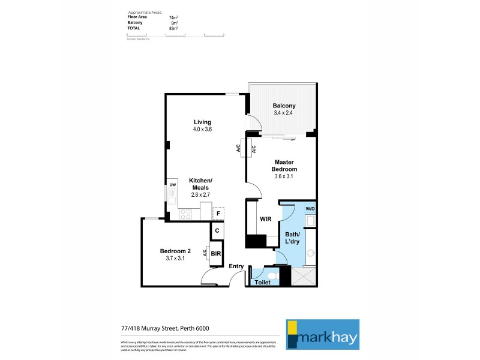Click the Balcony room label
284,106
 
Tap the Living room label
202,122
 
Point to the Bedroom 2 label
175,251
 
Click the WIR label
266,219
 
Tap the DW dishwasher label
172,185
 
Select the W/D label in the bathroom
310,209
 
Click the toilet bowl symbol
271,275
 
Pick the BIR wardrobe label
215,254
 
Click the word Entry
236,266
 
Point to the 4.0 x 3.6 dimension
202,129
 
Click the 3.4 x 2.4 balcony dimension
284,113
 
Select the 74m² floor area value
174,18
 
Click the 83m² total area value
174,28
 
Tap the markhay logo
322,334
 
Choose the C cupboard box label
217,230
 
